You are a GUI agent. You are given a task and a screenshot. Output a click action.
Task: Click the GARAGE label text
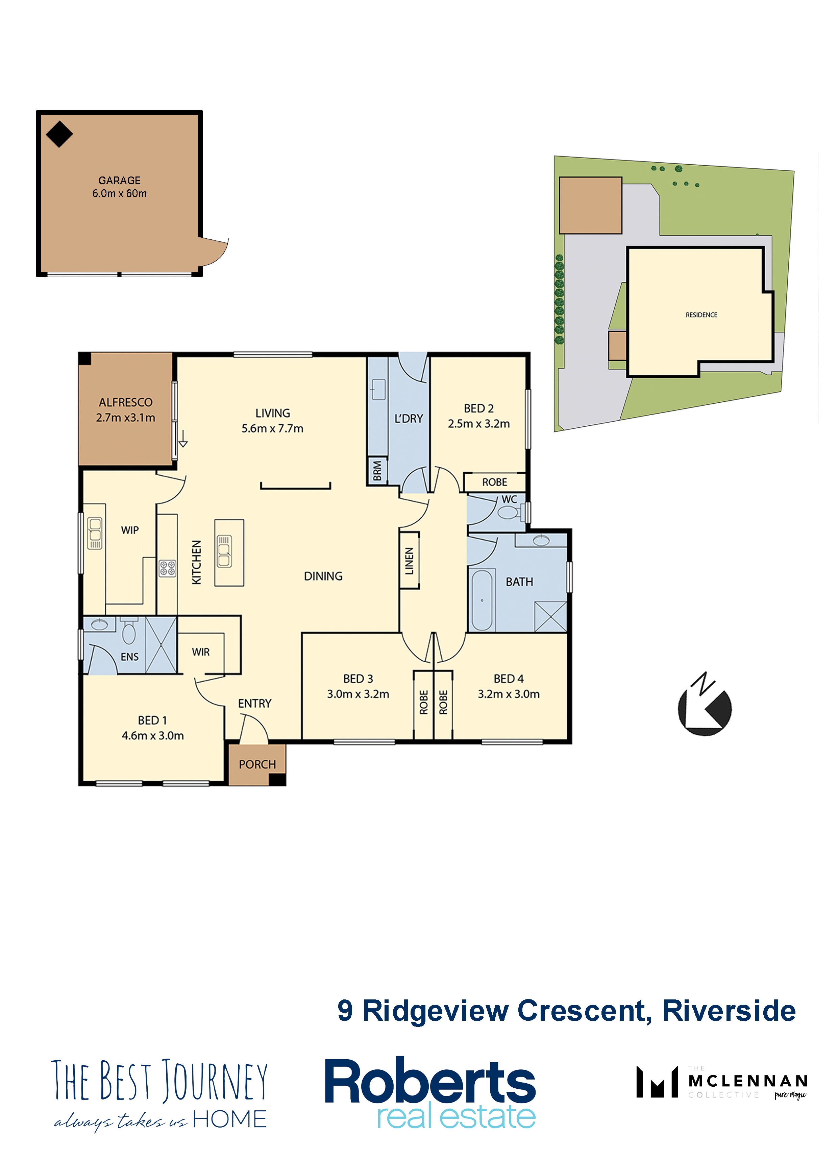coord(119,180)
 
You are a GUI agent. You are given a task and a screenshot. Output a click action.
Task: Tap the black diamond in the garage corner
coord(59,134)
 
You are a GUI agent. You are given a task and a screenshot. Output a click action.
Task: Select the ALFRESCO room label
coord(126,402)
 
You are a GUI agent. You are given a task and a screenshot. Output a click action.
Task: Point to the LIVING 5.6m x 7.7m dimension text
coord(273,428)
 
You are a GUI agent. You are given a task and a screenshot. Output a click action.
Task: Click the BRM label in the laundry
coord(377,471)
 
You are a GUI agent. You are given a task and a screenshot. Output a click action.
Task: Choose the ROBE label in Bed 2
coord(495,482)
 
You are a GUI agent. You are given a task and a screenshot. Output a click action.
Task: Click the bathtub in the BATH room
coord(482,600)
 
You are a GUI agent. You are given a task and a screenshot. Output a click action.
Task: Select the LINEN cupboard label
coord(409,561)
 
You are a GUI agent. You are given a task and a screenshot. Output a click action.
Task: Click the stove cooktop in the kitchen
coord(167,568)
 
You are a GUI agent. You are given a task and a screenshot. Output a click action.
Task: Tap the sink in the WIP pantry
coord(94,533)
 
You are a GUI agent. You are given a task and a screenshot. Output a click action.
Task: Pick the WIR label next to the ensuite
coord(201,652)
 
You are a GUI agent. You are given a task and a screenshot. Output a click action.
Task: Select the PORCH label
coord(257,764)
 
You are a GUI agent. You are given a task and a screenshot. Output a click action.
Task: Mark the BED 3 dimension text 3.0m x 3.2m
coord(358,694)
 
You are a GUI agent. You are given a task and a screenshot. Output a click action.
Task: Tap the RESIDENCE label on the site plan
coord(701,315)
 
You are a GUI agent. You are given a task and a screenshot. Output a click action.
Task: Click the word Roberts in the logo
coord(430,1081)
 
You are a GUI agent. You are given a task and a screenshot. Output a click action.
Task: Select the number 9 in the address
coord(345,1011)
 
